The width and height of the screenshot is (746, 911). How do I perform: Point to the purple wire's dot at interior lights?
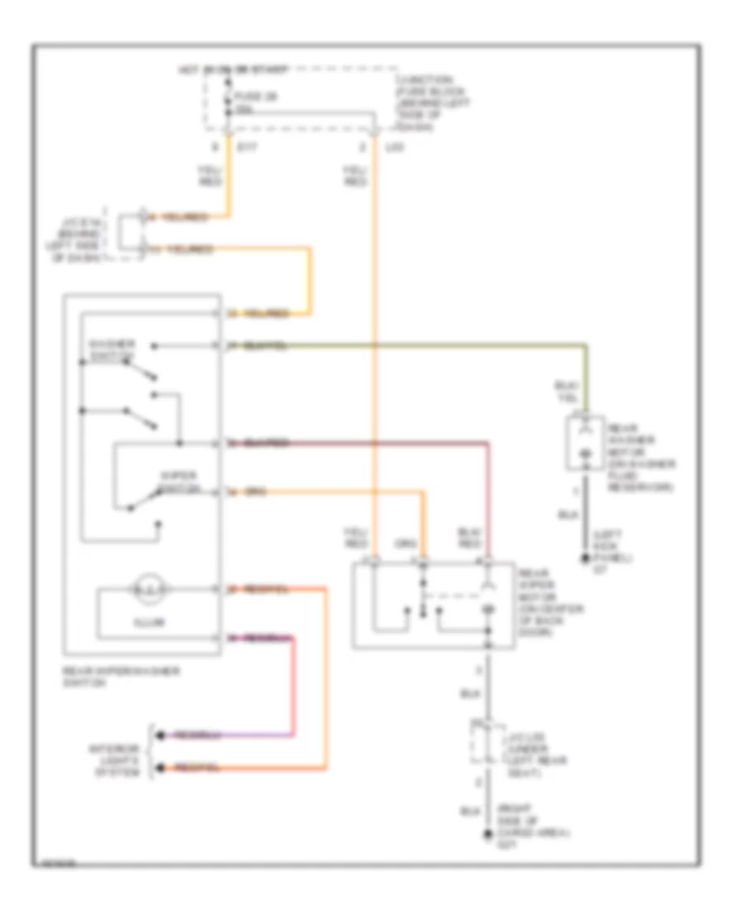click(159, 735)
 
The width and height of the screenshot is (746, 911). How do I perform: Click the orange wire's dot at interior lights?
click(159, 769)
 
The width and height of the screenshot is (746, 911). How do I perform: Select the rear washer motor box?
click(585, 443)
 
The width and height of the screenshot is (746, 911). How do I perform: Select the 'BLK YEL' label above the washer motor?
click(565, 392)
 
